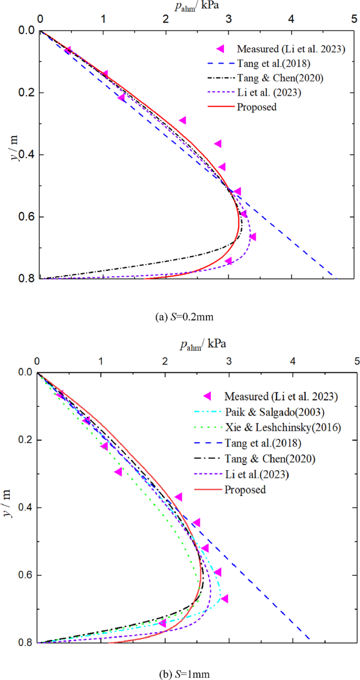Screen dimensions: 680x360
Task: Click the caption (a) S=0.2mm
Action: [x=180, y=317]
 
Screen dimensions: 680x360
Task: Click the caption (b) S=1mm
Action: [x=180, y=672]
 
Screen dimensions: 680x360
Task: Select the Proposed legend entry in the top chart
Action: [x=256, y=107]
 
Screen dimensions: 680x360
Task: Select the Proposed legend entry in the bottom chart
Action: [x=245, y=490]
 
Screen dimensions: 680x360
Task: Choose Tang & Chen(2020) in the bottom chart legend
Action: [x=270, y=459]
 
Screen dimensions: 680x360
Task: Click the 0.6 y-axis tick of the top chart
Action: [x=20, y=217]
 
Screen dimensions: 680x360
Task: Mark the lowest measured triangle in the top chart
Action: [x=229, y=261]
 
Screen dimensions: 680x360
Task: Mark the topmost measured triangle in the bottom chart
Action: [x=60, y=394]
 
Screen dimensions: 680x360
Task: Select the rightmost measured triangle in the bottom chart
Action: [x=224, y=598]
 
